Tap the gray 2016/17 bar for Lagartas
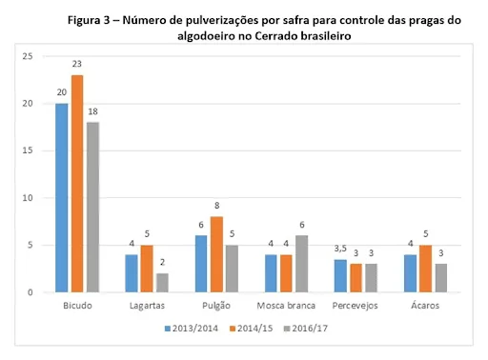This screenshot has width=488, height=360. (161, 283)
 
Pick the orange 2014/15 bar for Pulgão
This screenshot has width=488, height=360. (216, 254)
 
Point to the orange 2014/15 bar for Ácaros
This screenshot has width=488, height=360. (426, 269)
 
